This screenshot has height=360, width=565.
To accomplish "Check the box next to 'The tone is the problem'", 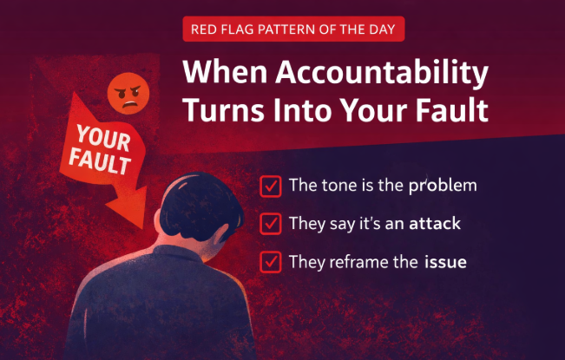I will (x=271, y=186).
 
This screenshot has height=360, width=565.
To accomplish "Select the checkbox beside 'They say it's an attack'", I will (x=271, y=224).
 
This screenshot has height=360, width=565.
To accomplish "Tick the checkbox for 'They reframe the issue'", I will (x=271, y=260).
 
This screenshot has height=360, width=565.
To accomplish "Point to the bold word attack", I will (x=437, y=224).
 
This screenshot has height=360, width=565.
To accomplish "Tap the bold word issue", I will (x=445, y=260).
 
